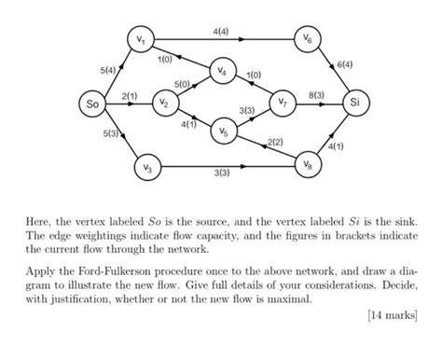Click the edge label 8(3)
pos(316,96)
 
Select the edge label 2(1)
pos(130,96)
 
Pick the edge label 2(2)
pos(275,141)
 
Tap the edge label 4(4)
pos(221,32)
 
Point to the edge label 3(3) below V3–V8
pos(222,173)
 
